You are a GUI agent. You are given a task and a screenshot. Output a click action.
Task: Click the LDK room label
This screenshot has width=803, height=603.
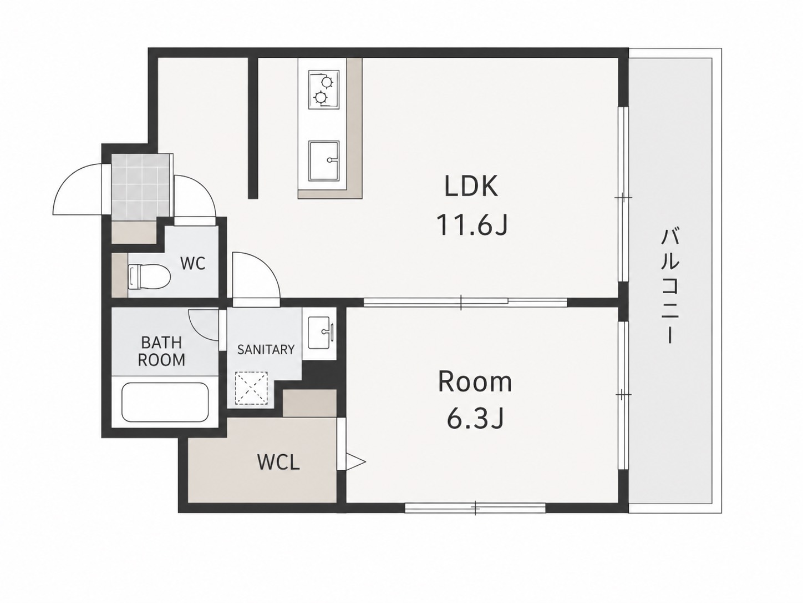(x=471, y=186)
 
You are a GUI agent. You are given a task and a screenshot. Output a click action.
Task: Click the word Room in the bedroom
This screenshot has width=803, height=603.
(x=475, y=381)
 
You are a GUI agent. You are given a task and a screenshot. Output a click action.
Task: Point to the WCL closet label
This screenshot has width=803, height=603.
(x=279, y=462)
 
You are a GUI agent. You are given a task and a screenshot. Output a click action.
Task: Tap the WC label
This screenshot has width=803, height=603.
(x=193, y=263)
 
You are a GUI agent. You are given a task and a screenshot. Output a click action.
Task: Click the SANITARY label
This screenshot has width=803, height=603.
(x=266, y=350)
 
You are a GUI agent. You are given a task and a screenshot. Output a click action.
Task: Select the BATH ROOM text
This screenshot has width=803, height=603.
(x=161, y=351)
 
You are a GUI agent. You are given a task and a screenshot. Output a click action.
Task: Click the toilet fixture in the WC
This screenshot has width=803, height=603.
(x=149, y=277)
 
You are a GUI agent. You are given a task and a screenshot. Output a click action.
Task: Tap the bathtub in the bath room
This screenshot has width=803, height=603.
(x=165, y=402)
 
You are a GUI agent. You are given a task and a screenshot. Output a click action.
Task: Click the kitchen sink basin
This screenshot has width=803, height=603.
(x=324, y=160)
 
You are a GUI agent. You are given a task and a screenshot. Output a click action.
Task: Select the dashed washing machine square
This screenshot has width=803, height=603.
(x=251, y=388)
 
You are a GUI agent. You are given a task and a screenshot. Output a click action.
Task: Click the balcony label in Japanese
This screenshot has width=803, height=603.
(x=670, y=286)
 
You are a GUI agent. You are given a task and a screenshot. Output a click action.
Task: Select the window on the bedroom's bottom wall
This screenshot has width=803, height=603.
(x=475, y=508)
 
